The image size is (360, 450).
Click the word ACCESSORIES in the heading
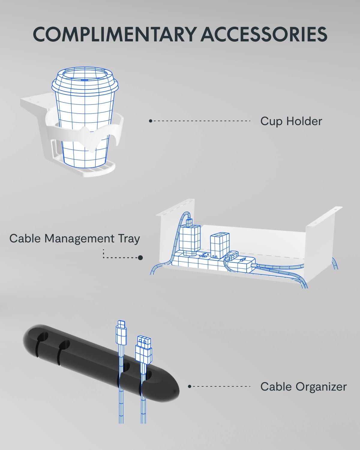264,34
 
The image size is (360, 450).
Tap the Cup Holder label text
291,121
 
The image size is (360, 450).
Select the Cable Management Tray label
75,238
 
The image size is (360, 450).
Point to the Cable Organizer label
304,386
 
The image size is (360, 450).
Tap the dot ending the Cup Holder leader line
150,121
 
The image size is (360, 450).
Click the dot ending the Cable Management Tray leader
141,258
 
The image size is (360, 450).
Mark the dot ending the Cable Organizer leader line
190,386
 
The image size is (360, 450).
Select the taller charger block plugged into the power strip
190,238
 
